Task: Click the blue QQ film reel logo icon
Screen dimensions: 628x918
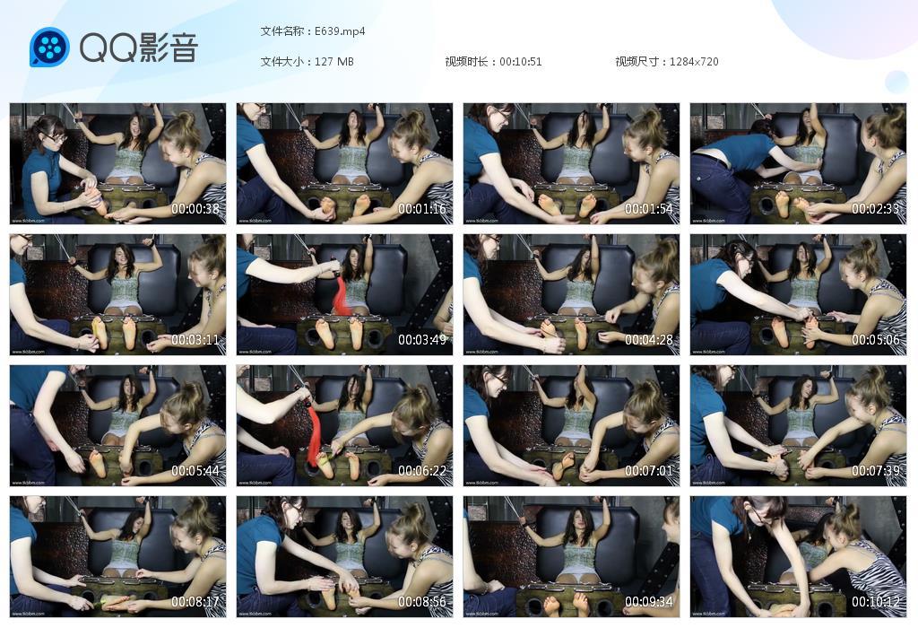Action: click(49, 48)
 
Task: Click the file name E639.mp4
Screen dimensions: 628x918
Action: click(340, 31)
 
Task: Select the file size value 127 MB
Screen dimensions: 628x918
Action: click(334, 62)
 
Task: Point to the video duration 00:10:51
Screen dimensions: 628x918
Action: click(520, 62)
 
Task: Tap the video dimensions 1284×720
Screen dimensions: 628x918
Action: click(694, 62)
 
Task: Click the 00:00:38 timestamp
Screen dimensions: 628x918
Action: click(195, 209)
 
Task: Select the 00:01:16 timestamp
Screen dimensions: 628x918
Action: click(422, 209)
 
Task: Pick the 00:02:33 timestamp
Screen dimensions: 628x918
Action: click(875, 209)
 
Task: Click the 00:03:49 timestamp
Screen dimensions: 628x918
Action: click(422, 341)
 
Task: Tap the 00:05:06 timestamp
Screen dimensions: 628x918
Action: click(875, 341)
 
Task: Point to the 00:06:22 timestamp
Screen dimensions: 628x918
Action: click(422, 471)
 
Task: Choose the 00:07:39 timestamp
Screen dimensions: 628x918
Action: click(875, 471)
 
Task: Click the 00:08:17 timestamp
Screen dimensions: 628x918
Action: click(195, 602)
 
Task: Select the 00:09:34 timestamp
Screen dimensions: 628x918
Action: click(648, 602)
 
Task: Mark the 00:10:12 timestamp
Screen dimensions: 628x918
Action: click(875, 602)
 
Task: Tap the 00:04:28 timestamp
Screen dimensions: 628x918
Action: click(648, 341)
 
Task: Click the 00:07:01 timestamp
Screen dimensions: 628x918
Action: click(648, 471)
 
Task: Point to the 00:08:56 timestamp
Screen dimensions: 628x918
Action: click(422, 602)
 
